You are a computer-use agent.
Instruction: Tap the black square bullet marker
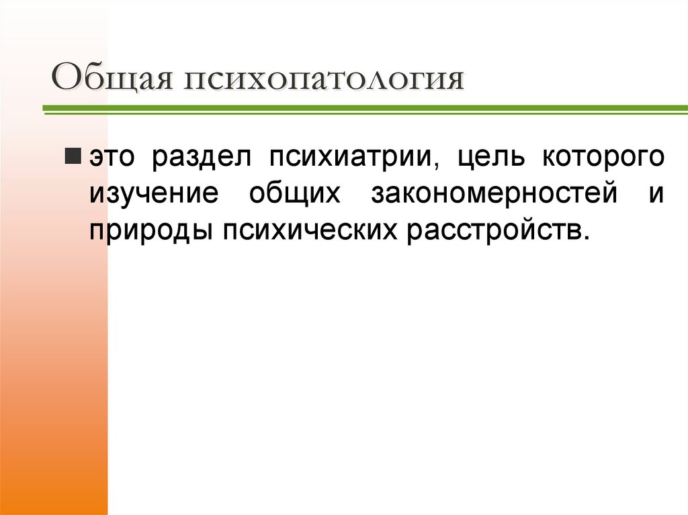coord(73,157)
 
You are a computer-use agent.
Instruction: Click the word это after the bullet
coord(110,158)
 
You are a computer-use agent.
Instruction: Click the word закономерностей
coord(494,193)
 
